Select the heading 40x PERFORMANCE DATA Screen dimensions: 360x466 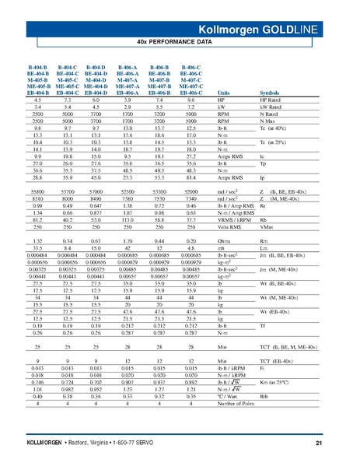pos(180,38)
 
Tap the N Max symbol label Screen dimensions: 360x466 pos(269,121)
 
